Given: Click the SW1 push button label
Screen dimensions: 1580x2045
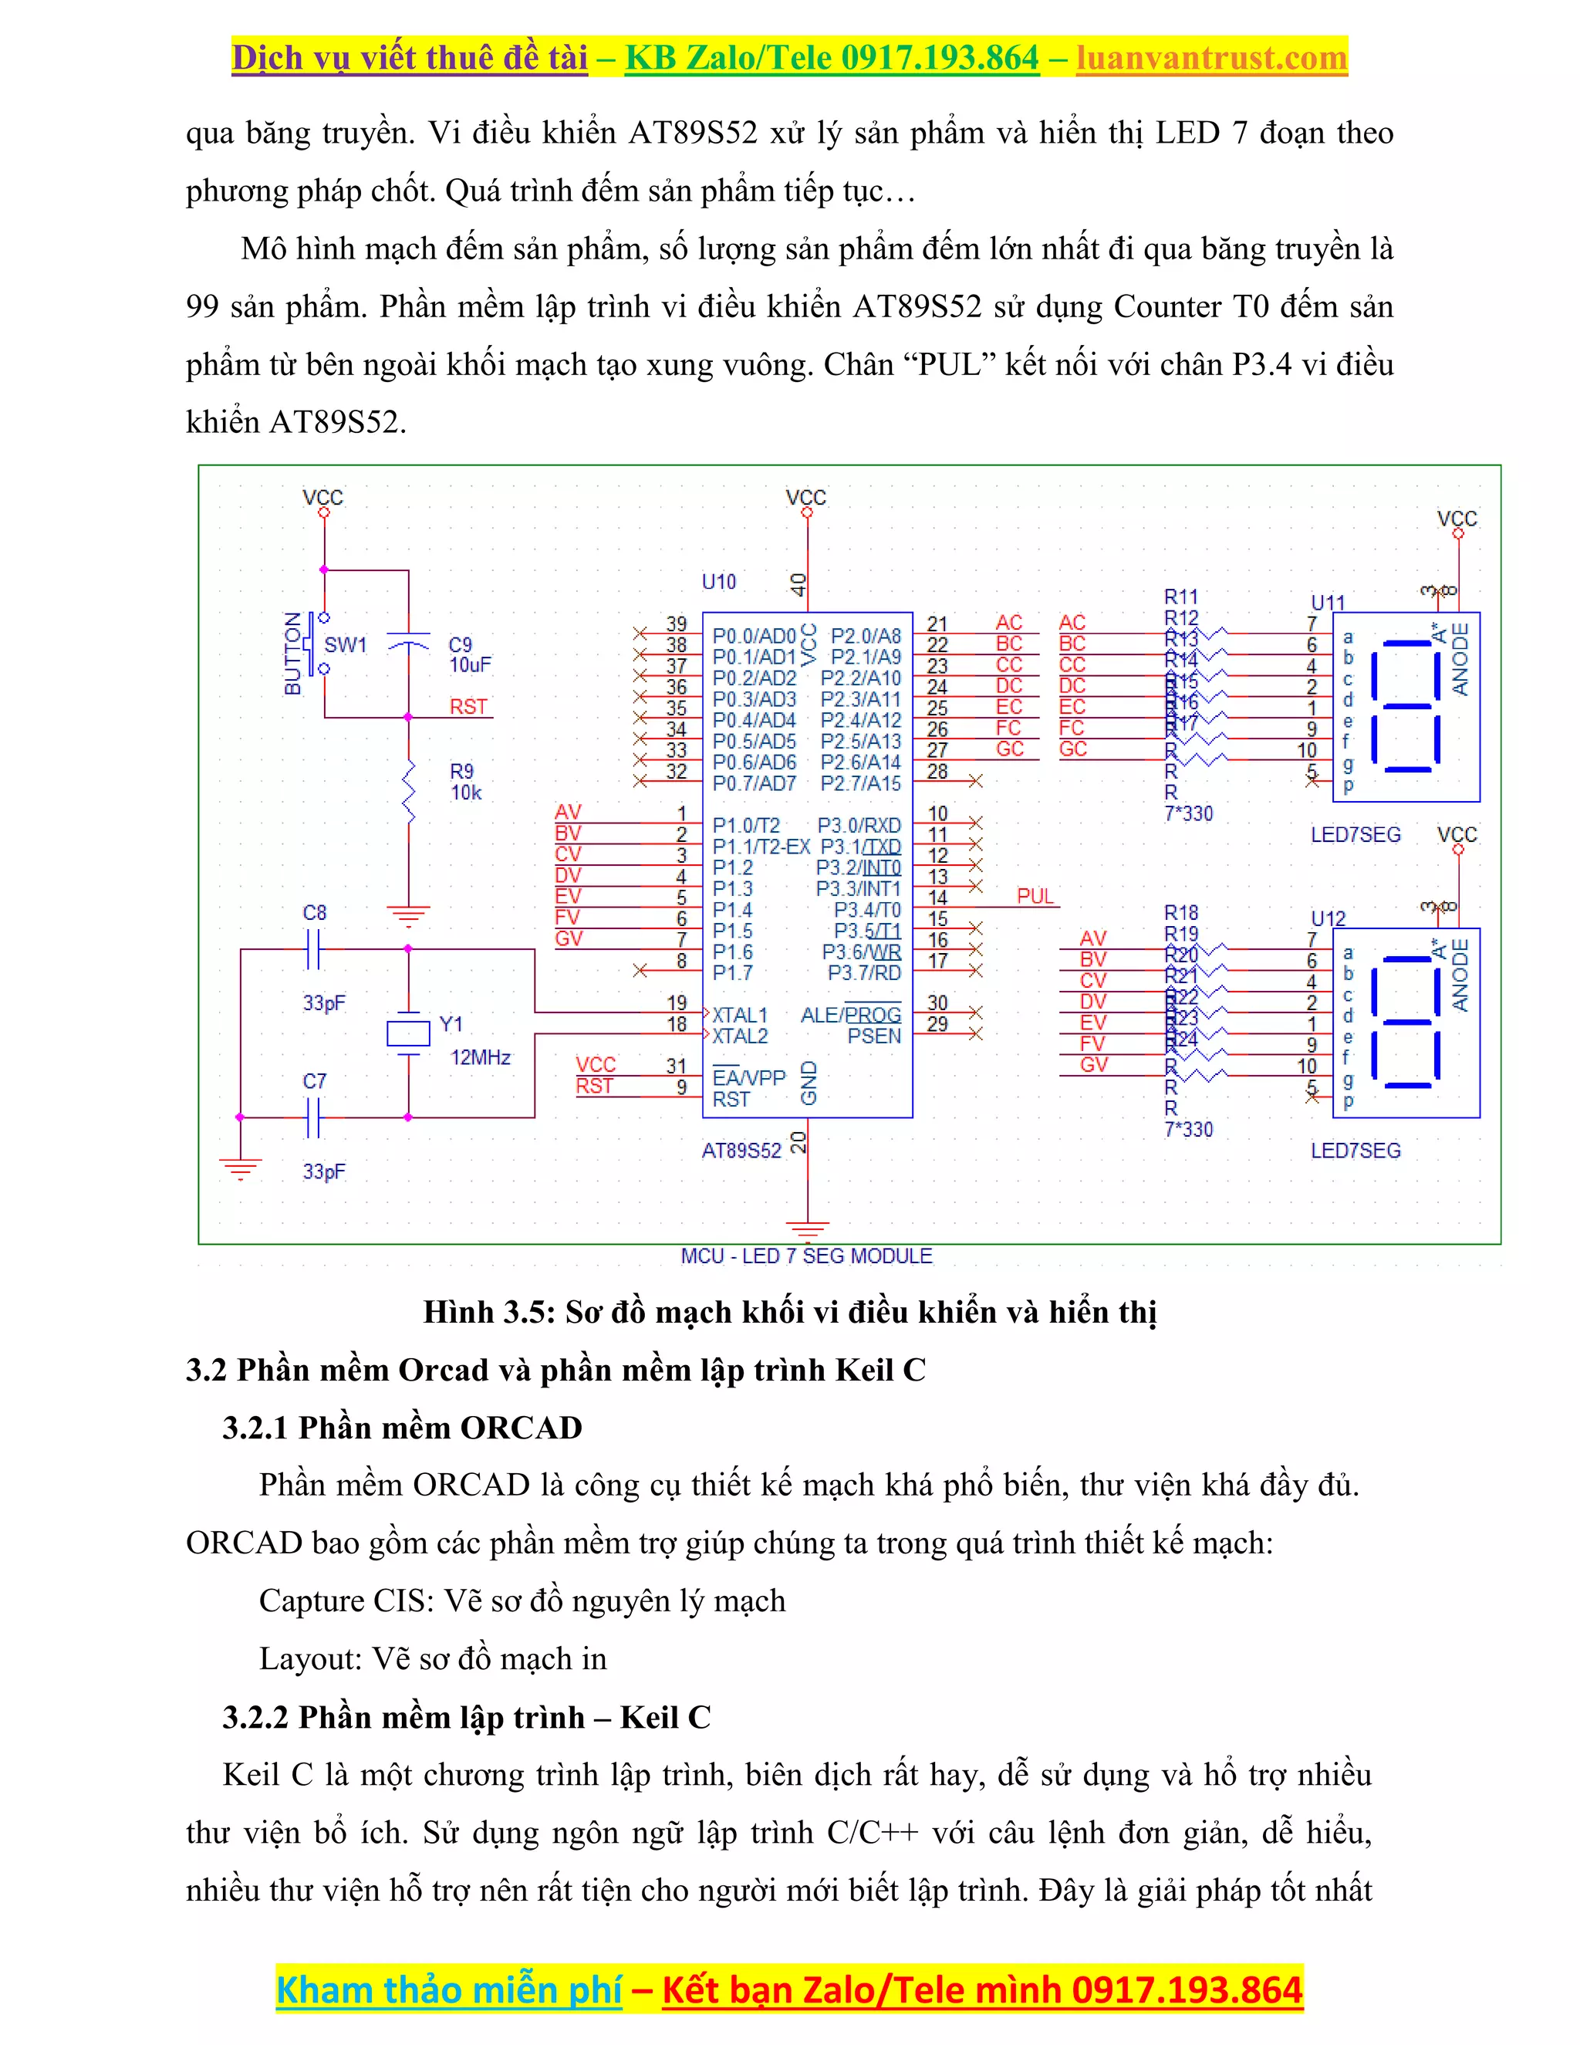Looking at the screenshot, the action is point(346,644).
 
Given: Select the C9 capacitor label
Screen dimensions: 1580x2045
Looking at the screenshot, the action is point(461,644).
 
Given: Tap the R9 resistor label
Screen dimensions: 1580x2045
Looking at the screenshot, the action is point(461,772).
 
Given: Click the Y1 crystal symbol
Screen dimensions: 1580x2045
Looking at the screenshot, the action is point(408,1032).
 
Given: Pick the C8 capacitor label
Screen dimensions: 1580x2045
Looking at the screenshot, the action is point(315,912).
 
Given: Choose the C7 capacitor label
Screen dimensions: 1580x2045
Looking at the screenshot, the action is point(315,1080).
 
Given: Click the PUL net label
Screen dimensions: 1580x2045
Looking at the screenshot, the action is point(1035,896).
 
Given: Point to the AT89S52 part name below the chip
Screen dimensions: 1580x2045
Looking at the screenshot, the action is point(741,1151).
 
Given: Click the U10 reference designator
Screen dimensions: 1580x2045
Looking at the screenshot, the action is point(719,582).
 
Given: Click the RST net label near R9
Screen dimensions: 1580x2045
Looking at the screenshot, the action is point(468,706).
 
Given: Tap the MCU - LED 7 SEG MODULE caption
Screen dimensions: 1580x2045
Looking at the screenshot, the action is point(807,1256).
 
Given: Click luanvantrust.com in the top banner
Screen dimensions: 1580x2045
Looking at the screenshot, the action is point(1211,58).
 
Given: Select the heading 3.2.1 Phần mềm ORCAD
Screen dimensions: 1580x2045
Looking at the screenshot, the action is point(403,1427).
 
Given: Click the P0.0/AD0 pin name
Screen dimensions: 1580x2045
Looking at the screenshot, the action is point(754,636).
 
